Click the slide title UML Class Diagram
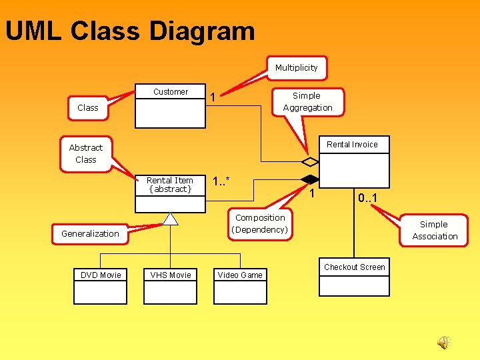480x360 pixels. point(130,31)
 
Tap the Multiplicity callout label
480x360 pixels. point(297,67)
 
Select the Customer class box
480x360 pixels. point(171,106)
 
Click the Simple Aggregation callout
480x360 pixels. point(307,101)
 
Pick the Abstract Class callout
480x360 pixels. point(86,153)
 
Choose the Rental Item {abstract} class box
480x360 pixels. point(171,193)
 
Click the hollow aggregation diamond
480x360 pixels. point(310,161)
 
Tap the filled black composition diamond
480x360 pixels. point(310,179)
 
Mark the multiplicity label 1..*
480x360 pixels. point(221,181)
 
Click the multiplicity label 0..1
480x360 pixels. point(367,198)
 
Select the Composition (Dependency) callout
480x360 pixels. point(260,223)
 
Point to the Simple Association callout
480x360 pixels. point(435,230)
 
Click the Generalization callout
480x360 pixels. point(90,233)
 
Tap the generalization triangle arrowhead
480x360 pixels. point(171,219)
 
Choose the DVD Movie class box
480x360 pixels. point(101,285)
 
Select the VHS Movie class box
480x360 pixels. point(171,285)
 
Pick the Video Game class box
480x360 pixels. point(240,285)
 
